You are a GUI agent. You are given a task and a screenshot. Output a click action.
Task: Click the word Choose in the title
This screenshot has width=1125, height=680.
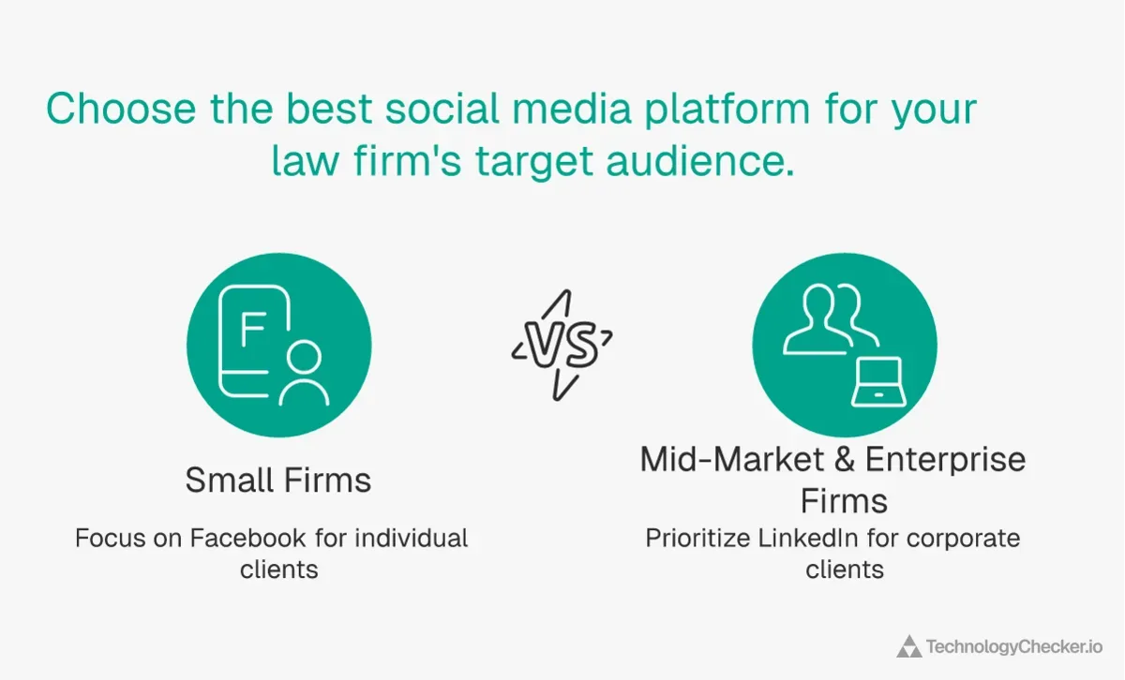[121, 110]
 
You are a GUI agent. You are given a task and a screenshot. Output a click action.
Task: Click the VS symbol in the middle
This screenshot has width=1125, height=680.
[562, 345]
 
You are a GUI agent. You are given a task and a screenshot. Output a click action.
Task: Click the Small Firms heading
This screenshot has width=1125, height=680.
[278, 480]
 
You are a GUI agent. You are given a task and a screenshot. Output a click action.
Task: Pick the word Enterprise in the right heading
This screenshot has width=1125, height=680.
[945, 460]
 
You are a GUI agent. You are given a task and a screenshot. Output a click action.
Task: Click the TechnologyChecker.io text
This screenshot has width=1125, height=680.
[1013, 646]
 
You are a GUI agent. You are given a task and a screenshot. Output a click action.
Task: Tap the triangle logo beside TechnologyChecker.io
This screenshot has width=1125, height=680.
[907, 646]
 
